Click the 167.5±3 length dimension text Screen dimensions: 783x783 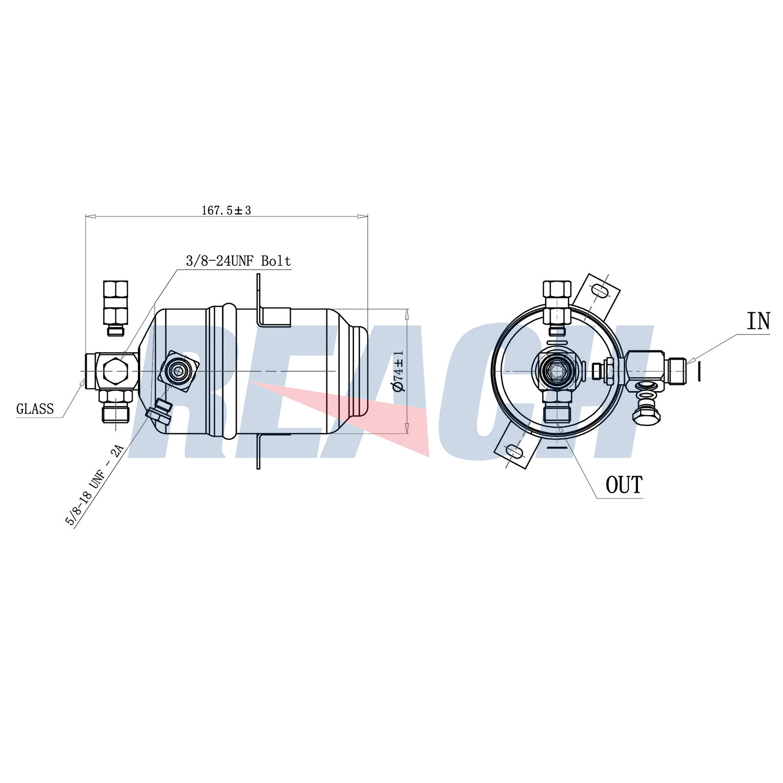tap(226, 210)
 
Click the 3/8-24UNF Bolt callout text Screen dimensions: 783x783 tap(238, 261)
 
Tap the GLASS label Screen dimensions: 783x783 tap(35, 409)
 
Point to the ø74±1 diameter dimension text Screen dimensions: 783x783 tap(399, 371)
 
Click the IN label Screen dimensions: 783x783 tap(758, 321)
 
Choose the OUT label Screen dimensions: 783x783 tap(624, 485)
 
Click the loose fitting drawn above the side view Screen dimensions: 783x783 tap(116, 308)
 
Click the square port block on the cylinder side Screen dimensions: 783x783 tap(178, 372)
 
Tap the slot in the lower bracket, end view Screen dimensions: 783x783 tap(513, 451)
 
